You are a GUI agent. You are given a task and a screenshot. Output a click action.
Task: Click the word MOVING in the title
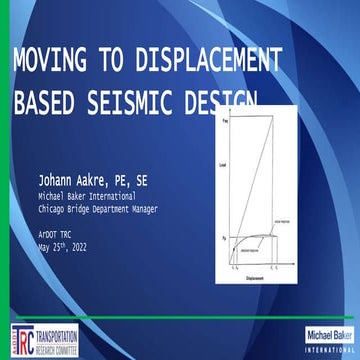[x=46, y=62]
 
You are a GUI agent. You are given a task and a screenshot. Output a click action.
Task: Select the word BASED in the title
[x=46, y=102]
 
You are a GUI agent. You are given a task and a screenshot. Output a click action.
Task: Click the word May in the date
[x=45, y=246]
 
